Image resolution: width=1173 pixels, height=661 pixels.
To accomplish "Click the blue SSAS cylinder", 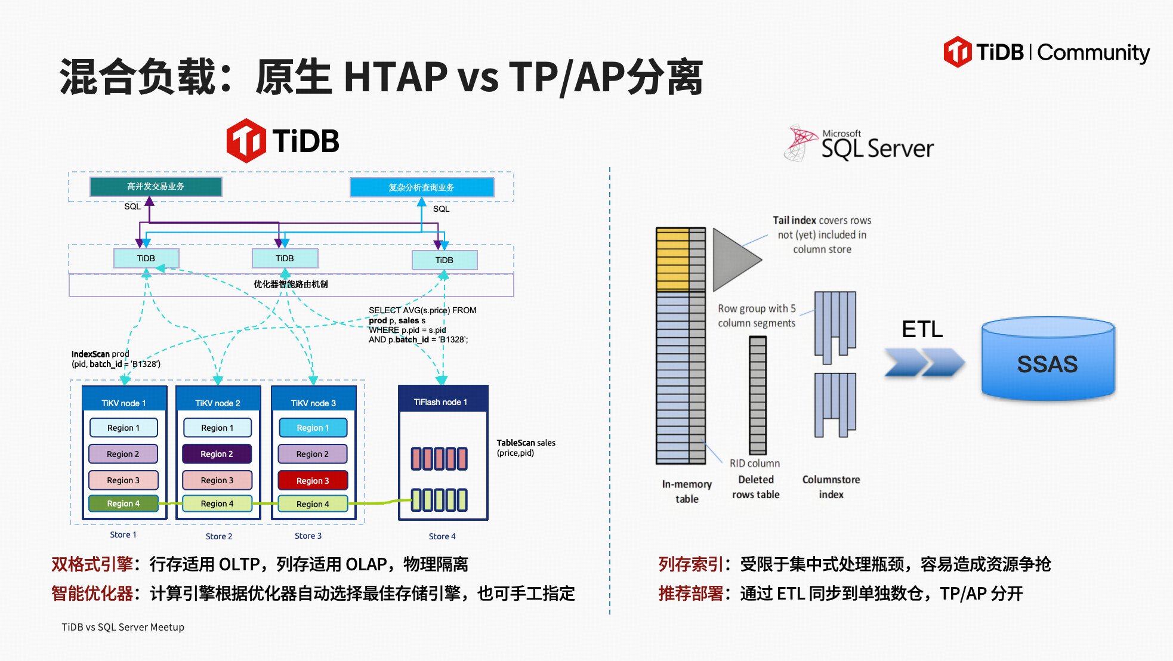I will (1048, 360).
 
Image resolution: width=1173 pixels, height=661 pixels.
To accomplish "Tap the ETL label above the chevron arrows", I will (922, 329).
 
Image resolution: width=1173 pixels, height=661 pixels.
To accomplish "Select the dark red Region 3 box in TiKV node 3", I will (313, 480).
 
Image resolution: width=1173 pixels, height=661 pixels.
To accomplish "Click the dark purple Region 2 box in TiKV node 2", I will (217, 454).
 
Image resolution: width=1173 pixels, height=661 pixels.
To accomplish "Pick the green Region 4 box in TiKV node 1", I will (124, 504).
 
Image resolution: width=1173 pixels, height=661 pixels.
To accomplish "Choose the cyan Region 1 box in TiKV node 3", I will (313, 428).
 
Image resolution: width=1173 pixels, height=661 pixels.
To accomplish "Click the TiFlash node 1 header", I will (442, 401).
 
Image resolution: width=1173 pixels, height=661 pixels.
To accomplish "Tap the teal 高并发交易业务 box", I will (156, 187).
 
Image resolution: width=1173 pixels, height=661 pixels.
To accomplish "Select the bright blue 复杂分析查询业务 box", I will (421, 187).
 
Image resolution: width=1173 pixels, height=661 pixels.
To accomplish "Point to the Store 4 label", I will (442, 536).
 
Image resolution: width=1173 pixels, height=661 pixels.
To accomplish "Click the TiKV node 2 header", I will (218, 403).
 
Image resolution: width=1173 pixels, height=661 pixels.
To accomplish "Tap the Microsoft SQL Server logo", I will (859, 144).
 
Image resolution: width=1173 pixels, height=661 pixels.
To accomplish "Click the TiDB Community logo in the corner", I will (1047, 52).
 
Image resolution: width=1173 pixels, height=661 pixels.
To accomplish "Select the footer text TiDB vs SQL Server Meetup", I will (123, 627).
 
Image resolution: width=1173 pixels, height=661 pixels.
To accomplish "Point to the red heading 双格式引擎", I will (92, 564).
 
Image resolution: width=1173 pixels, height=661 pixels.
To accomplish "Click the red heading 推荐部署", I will (690, 594).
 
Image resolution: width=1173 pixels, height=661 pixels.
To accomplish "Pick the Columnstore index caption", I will (831, 487).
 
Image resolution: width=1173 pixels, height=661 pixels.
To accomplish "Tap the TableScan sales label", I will (526, 447).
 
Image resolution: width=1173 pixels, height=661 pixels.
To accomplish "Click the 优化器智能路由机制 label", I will (291, 284).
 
